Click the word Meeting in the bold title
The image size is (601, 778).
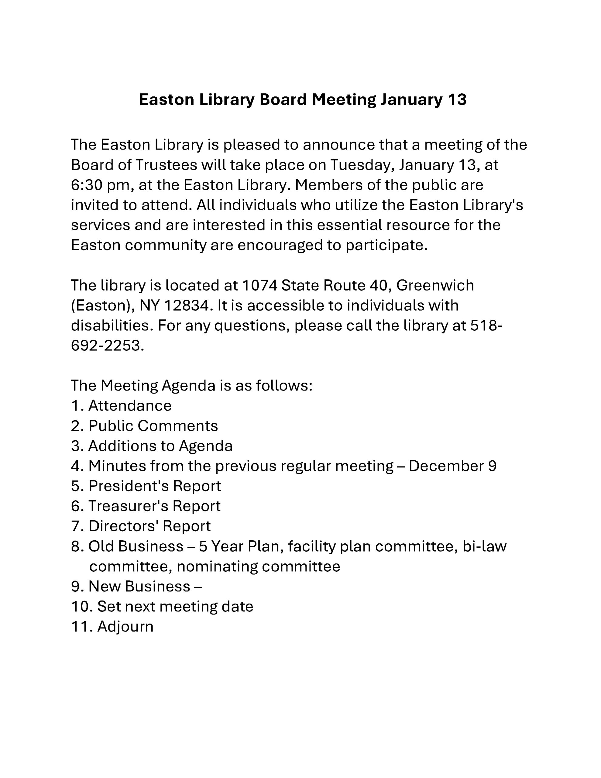344,100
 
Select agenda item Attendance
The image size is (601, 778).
130,406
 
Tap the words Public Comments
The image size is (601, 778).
153,426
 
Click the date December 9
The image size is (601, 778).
452,466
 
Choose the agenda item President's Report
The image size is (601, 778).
155,486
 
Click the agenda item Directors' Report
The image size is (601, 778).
149,526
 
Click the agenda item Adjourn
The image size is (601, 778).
125,627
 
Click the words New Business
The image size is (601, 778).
139,586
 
